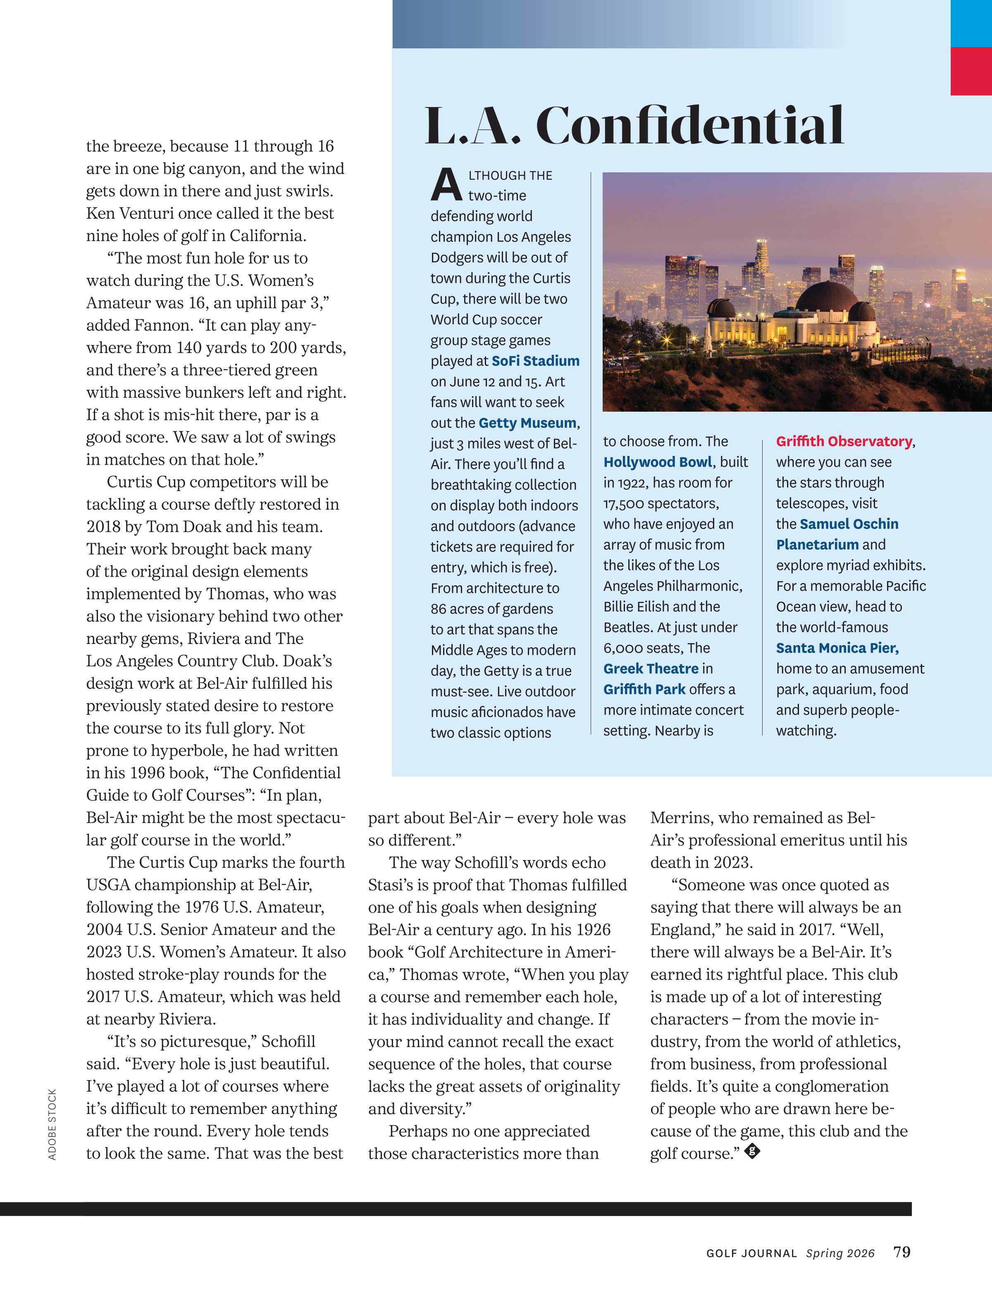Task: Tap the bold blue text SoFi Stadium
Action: (536, 361)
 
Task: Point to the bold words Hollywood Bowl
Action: (658, 462)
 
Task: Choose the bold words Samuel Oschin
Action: (849, 524)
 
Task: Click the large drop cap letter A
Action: (446, 185)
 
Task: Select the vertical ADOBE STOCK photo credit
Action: (52, 1125)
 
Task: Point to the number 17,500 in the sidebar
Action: (630, 503)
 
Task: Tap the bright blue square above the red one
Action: (971, 23)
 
